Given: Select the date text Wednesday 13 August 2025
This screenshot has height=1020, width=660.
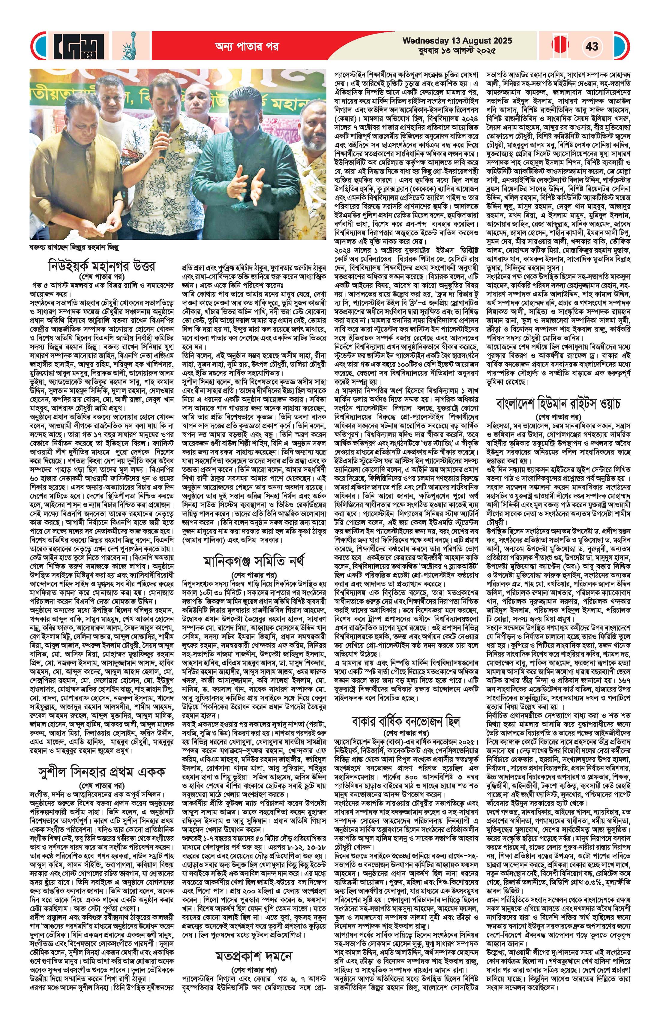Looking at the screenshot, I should [x=457, y=41].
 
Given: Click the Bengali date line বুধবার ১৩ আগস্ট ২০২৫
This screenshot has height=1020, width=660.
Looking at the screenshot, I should [x=457, y=51].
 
